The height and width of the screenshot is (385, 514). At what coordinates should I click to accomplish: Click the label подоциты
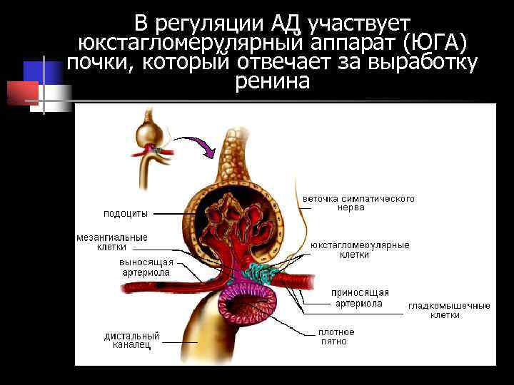[x=126, y=212]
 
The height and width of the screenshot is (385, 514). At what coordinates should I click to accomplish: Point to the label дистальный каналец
[x=131, y=341]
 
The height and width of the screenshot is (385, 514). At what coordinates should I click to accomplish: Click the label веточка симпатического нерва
[x=358, y=202]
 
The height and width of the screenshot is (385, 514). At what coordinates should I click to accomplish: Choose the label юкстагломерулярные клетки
[x=360, y=250]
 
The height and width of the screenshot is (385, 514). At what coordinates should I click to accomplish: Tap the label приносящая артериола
[x=360, y=298]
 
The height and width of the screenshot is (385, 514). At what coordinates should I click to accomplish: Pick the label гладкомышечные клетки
[x=449, y=310]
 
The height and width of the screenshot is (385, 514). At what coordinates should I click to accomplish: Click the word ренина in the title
[x=272, y=82]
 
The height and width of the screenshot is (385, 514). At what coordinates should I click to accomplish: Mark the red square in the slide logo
[x=22, y=93]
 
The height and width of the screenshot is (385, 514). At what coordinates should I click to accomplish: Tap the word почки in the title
[x=101, y=63]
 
